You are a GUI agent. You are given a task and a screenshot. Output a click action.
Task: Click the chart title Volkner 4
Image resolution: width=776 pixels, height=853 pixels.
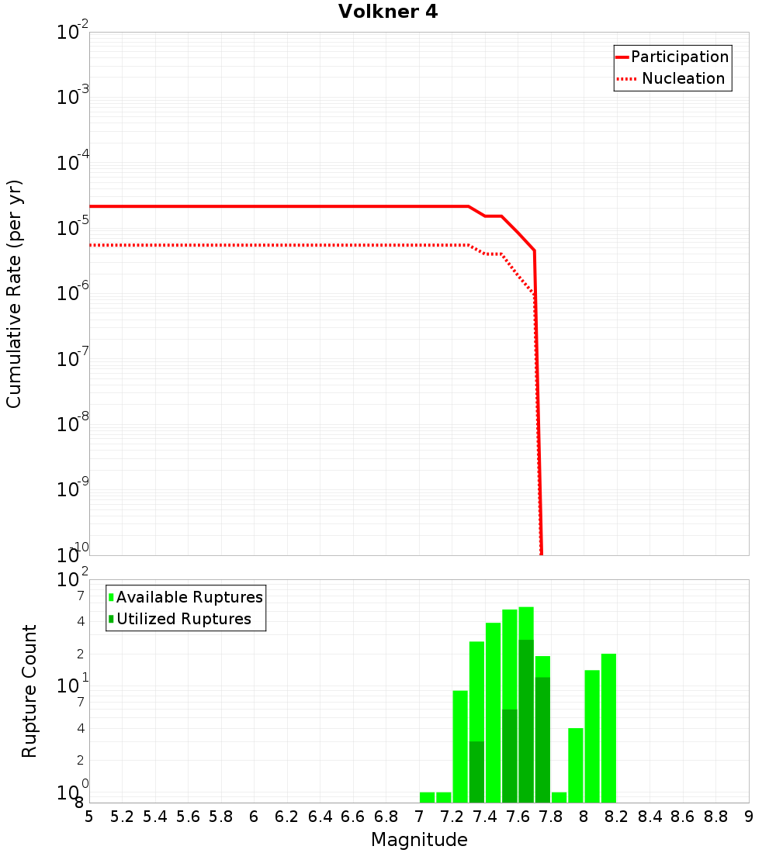point(388,12)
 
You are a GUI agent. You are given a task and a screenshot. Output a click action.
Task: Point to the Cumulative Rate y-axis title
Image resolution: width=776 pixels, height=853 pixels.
point(14,294)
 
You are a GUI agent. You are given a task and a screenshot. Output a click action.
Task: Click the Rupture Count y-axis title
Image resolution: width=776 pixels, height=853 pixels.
point(29,691)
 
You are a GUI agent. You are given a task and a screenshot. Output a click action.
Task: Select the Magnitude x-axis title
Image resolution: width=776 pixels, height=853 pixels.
point(419,840)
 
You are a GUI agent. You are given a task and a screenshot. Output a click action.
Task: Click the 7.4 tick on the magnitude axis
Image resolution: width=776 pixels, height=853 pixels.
point(485,817)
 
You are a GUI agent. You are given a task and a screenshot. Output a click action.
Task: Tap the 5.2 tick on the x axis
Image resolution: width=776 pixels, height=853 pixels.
point(122,817)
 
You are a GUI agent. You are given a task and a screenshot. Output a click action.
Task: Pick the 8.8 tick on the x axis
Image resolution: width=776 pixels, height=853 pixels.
point(716,817)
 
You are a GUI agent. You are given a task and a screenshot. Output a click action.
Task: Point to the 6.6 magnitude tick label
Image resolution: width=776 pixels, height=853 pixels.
point(352,817)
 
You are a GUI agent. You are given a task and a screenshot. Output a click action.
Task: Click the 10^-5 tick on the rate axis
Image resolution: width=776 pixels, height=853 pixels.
point(74,228)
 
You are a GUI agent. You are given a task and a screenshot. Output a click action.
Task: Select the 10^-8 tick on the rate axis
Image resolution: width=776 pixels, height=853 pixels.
point(74,424)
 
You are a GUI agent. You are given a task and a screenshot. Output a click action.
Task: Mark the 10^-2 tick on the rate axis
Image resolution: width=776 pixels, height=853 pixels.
point(74,33)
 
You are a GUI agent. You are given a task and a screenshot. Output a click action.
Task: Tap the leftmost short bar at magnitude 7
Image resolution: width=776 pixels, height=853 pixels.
point(427,797)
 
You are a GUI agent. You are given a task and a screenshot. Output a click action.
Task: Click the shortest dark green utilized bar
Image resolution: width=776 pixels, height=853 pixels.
point(476,772)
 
